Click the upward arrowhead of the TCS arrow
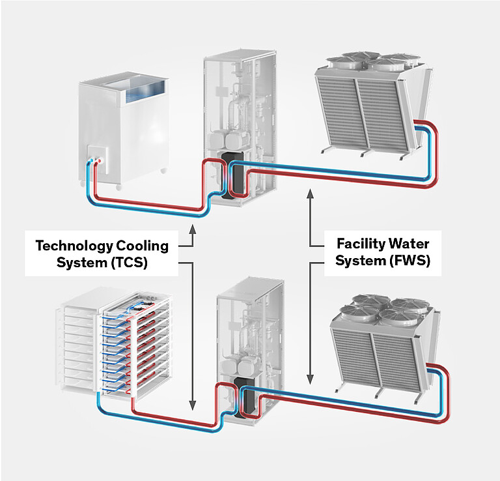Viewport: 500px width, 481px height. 193,229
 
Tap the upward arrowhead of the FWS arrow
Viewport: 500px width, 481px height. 311,192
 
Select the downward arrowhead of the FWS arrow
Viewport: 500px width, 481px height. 311,379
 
